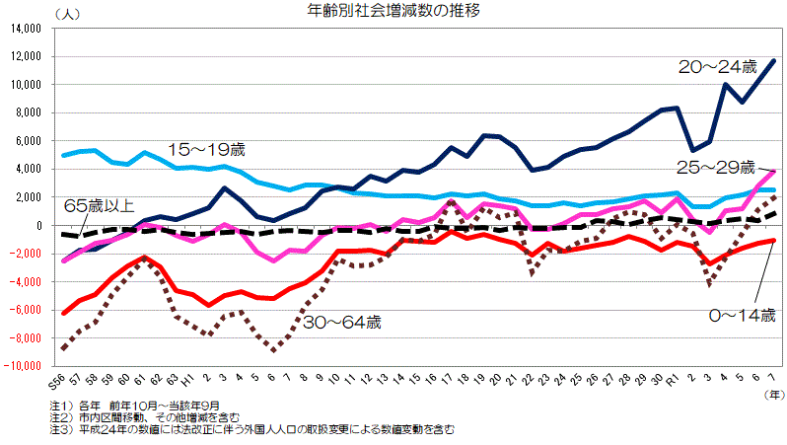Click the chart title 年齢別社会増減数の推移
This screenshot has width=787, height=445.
pyautogui.click(x=393, y=11)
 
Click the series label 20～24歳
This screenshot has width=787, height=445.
pyautogui.click(x=717, y=67)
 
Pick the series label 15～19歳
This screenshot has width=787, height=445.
pyautogui.click(x=206, y=149)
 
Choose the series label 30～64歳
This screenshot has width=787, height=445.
pyautogui.click(x=342, y=322)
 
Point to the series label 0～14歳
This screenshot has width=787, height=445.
pyautogui.click(x=743, y=315)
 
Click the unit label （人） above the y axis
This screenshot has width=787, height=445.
pyautogui.click(x=69, y=13)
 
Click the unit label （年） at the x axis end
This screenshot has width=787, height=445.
pyautogui.click(x=772, y=393)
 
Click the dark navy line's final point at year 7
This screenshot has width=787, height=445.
pyautogui.click(x=773, y=60)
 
